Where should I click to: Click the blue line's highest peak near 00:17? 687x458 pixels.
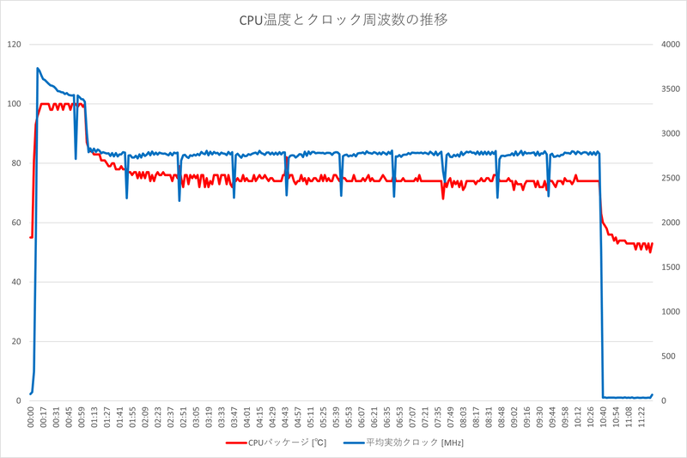coord(38,68)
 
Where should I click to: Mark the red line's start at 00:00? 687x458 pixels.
coord(30,237)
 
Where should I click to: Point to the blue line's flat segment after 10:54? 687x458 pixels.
coord(627,397)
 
